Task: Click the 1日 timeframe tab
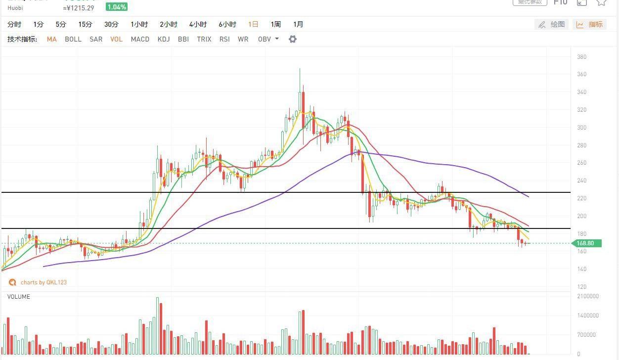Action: pos(253,24)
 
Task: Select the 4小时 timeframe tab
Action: pos(198,24)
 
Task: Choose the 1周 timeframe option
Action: pos(275,24)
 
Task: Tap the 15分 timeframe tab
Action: pos(85,24)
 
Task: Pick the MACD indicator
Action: pos(140,39)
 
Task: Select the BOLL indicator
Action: pos(73,39)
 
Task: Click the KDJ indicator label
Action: pos(164,39)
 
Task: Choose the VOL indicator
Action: pos(117,39)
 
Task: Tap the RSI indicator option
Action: pos(224,39)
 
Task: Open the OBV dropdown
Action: pos(268,39)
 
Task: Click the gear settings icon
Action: pos(293,39)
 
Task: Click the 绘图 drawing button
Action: pos(552,24)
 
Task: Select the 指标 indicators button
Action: pos(590,24)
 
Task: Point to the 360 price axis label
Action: pos(581,75)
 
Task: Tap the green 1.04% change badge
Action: pos(117,7)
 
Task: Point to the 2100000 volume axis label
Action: pos(588,297)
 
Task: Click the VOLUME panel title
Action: pos(19,297)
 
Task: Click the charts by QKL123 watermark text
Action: pos(44,282)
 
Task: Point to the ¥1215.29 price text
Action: pos(79,8)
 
